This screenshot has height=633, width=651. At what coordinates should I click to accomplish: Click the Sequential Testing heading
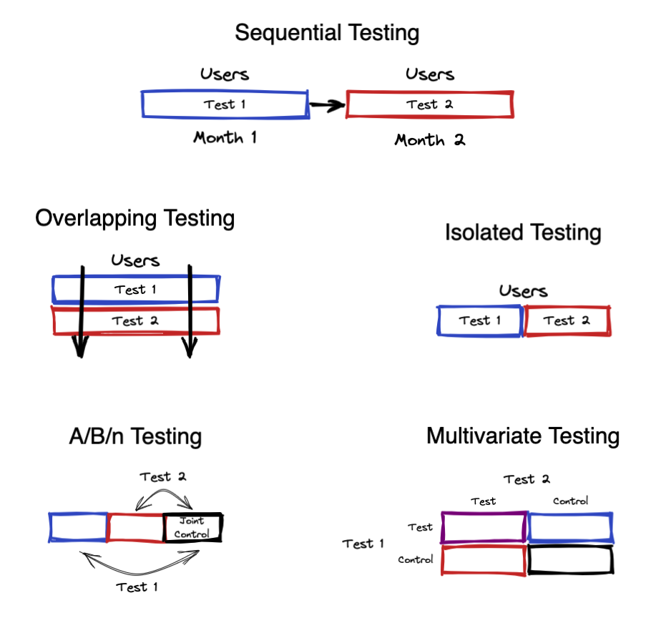(327, 33)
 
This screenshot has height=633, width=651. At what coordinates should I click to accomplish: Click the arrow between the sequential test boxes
(327, 105)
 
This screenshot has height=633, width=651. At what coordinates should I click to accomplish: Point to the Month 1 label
(225, 137)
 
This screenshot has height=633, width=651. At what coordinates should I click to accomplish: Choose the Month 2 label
(430, 140)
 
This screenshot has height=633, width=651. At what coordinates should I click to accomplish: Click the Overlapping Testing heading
(135, 218)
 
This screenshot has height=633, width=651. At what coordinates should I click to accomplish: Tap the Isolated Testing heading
(523, 232)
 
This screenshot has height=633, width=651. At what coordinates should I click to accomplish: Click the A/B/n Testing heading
(135, 437)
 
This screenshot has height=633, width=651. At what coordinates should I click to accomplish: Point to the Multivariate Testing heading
(523, 436)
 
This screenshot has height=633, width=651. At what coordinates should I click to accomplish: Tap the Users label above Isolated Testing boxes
(523, 291)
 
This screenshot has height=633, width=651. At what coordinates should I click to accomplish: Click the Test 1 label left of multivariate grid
(363, 544)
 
